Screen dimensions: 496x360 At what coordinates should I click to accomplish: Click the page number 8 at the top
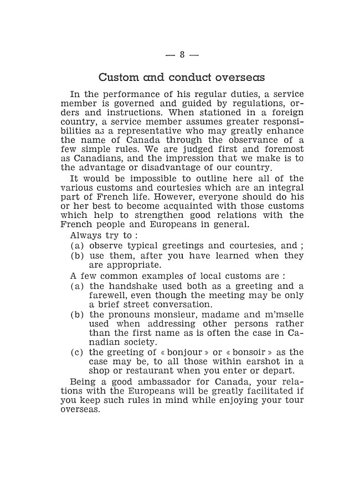coord(182,54)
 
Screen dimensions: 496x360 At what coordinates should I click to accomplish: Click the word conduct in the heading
coord(168,77)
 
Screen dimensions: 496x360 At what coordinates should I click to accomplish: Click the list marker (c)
coord(77,352)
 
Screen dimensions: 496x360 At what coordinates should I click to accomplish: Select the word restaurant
coord(157,370)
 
